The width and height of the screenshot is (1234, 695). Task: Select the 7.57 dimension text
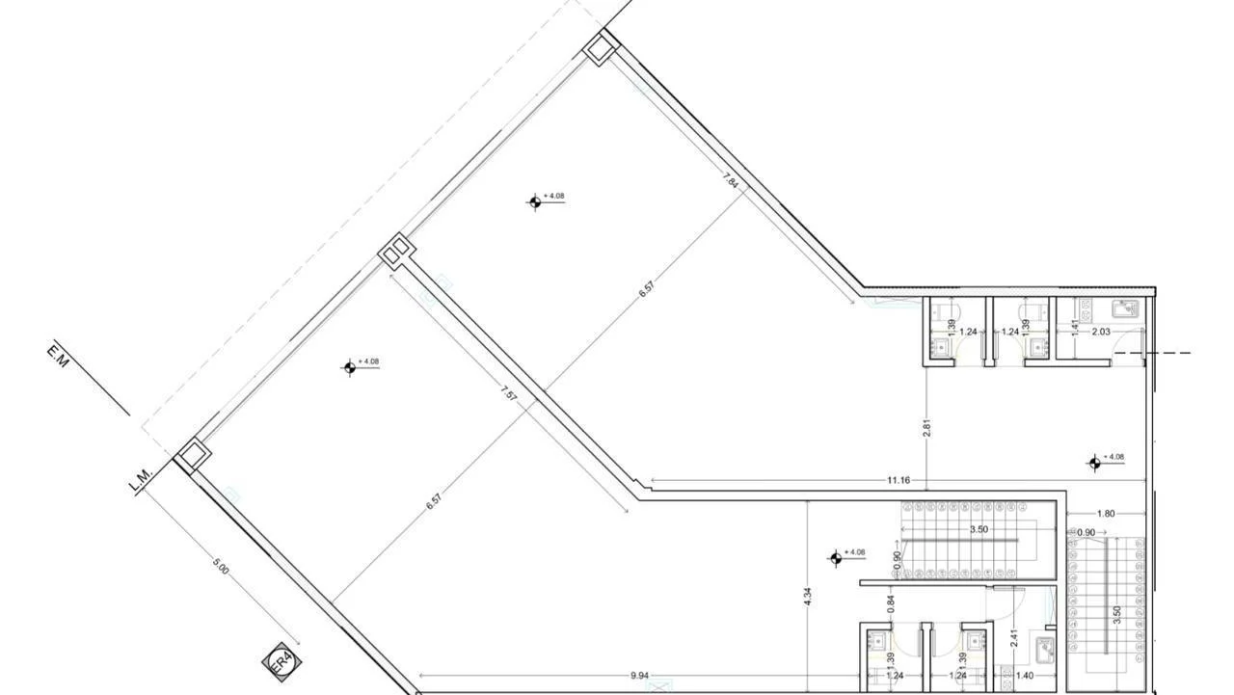(x=508, y=394)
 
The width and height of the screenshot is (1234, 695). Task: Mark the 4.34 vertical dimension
(x=808, y=597)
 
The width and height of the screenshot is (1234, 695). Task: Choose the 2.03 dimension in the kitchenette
(x=1101, y=332)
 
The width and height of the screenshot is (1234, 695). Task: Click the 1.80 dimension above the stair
(x=1105, y=514)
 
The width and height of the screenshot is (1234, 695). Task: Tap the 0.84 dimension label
(x=891, y=604)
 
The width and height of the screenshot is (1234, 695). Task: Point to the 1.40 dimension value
(x=1024, y=676)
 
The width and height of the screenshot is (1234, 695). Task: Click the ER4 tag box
(x=280, y=662)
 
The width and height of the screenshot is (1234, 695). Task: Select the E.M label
(x=56, y=355)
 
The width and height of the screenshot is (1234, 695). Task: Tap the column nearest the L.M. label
(x=191, y=454)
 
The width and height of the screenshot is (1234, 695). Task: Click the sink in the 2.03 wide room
(x=1124, y=308)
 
